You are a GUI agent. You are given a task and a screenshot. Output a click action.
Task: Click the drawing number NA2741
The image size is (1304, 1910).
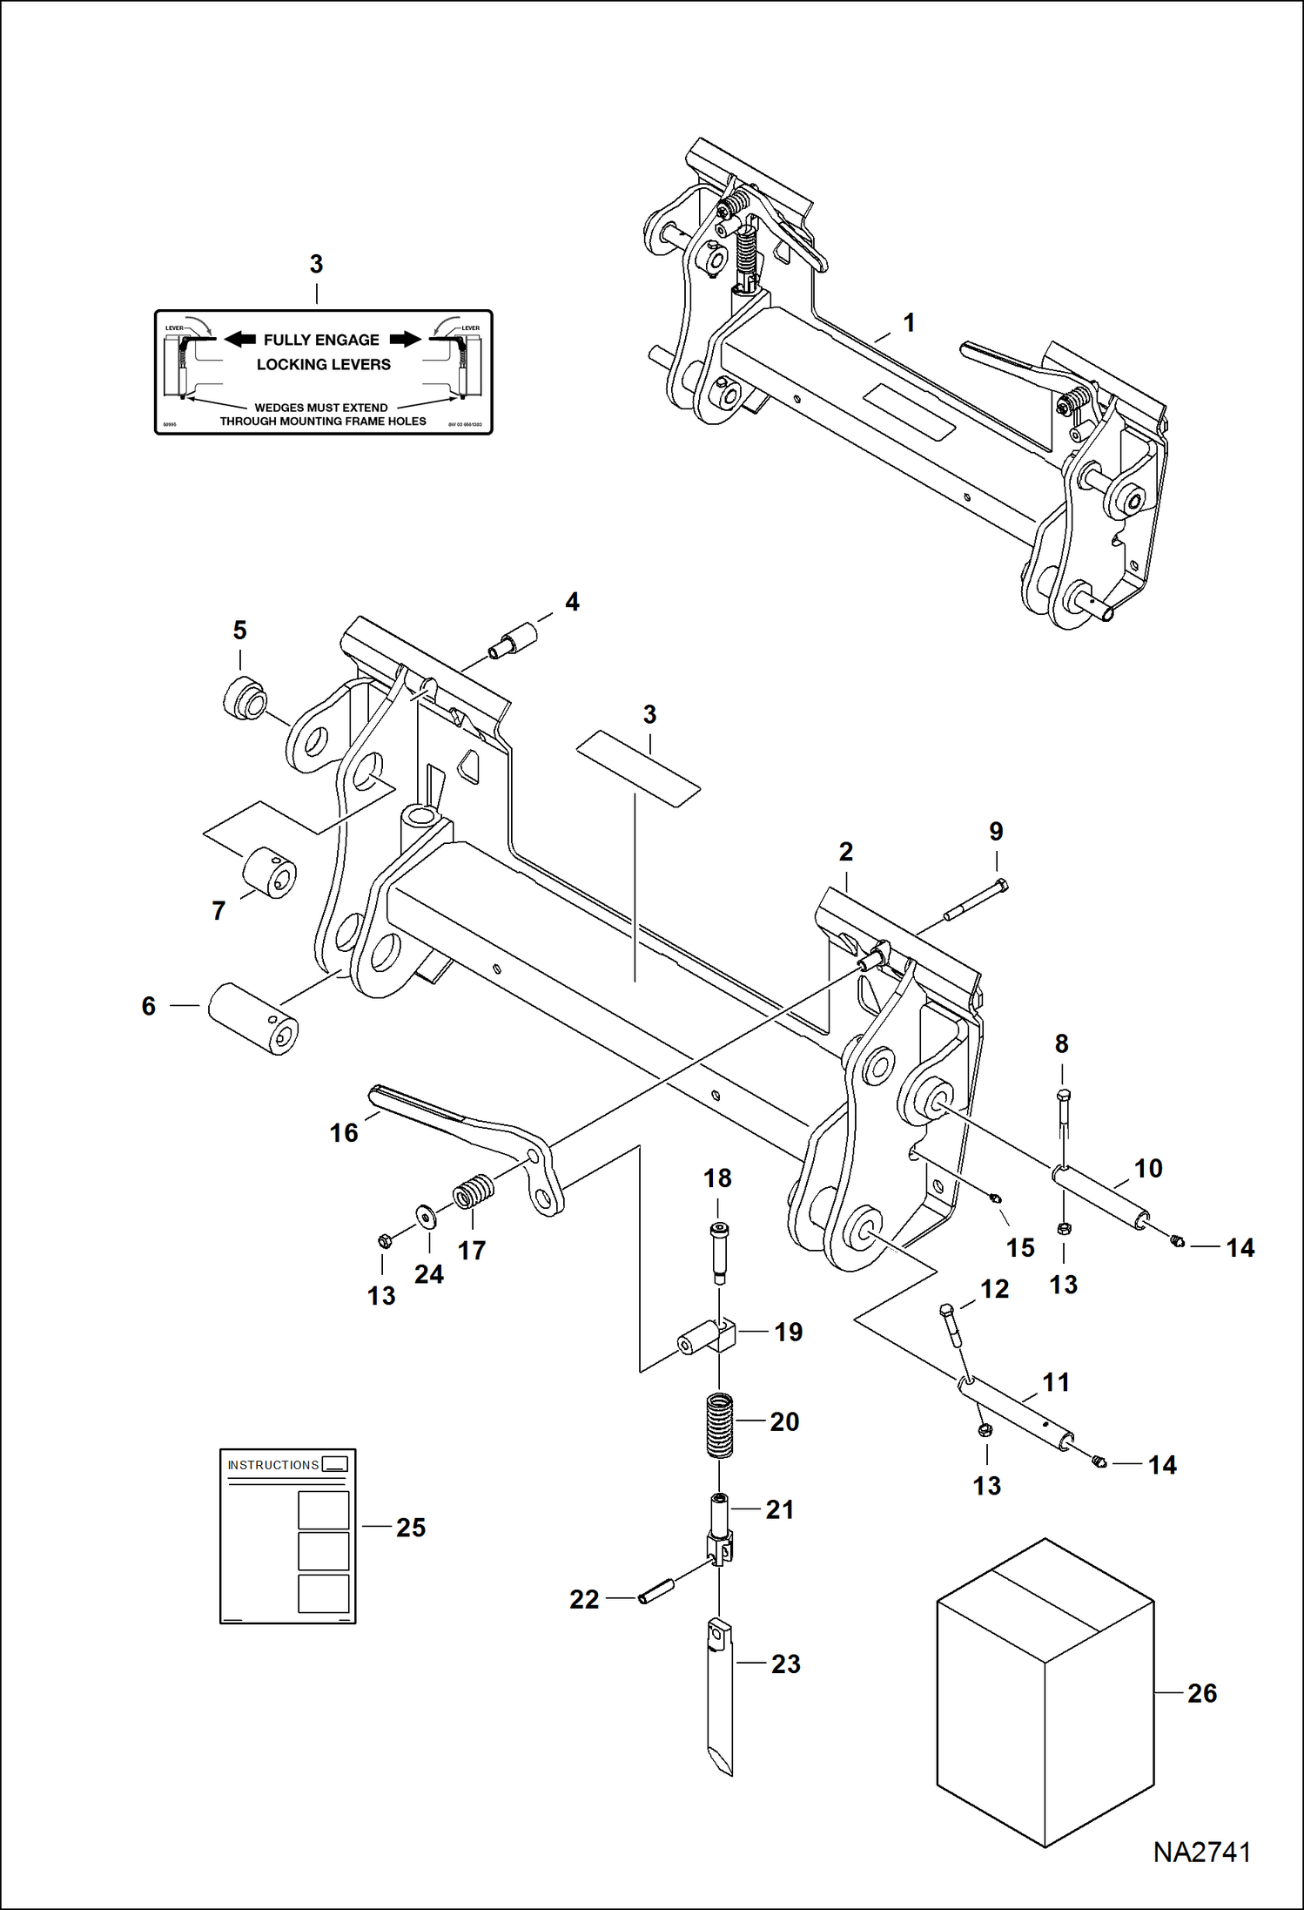click(x=1201, y=1853)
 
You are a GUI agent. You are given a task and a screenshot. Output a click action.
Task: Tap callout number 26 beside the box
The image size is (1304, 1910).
click(x=1201, y=1693)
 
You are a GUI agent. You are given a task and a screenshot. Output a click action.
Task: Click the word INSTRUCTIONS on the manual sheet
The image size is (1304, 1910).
click(x=273, y=1465)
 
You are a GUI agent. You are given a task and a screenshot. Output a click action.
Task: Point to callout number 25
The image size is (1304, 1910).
click(x=411, y=1527)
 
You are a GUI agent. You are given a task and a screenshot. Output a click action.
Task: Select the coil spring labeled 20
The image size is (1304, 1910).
click(x=719, y=1425)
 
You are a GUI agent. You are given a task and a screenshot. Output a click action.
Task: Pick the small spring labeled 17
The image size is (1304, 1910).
click(x=473, y=1191)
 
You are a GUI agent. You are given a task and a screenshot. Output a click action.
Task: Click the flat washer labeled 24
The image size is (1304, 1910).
click(x=427, y=1215)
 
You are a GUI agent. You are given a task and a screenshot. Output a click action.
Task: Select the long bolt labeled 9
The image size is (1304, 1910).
click(x=975, y=901)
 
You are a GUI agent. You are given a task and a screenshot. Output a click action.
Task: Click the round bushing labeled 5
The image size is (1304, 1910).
click(x=245, y=697)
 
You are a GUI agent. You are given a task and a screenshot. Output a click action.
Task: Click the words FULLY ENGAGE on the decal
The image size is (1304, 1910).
click(x=321, y=340)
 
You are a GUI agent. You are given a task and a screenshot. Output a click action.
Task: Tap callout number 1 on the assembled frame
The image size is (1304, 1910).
click(x=909, y=323)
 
